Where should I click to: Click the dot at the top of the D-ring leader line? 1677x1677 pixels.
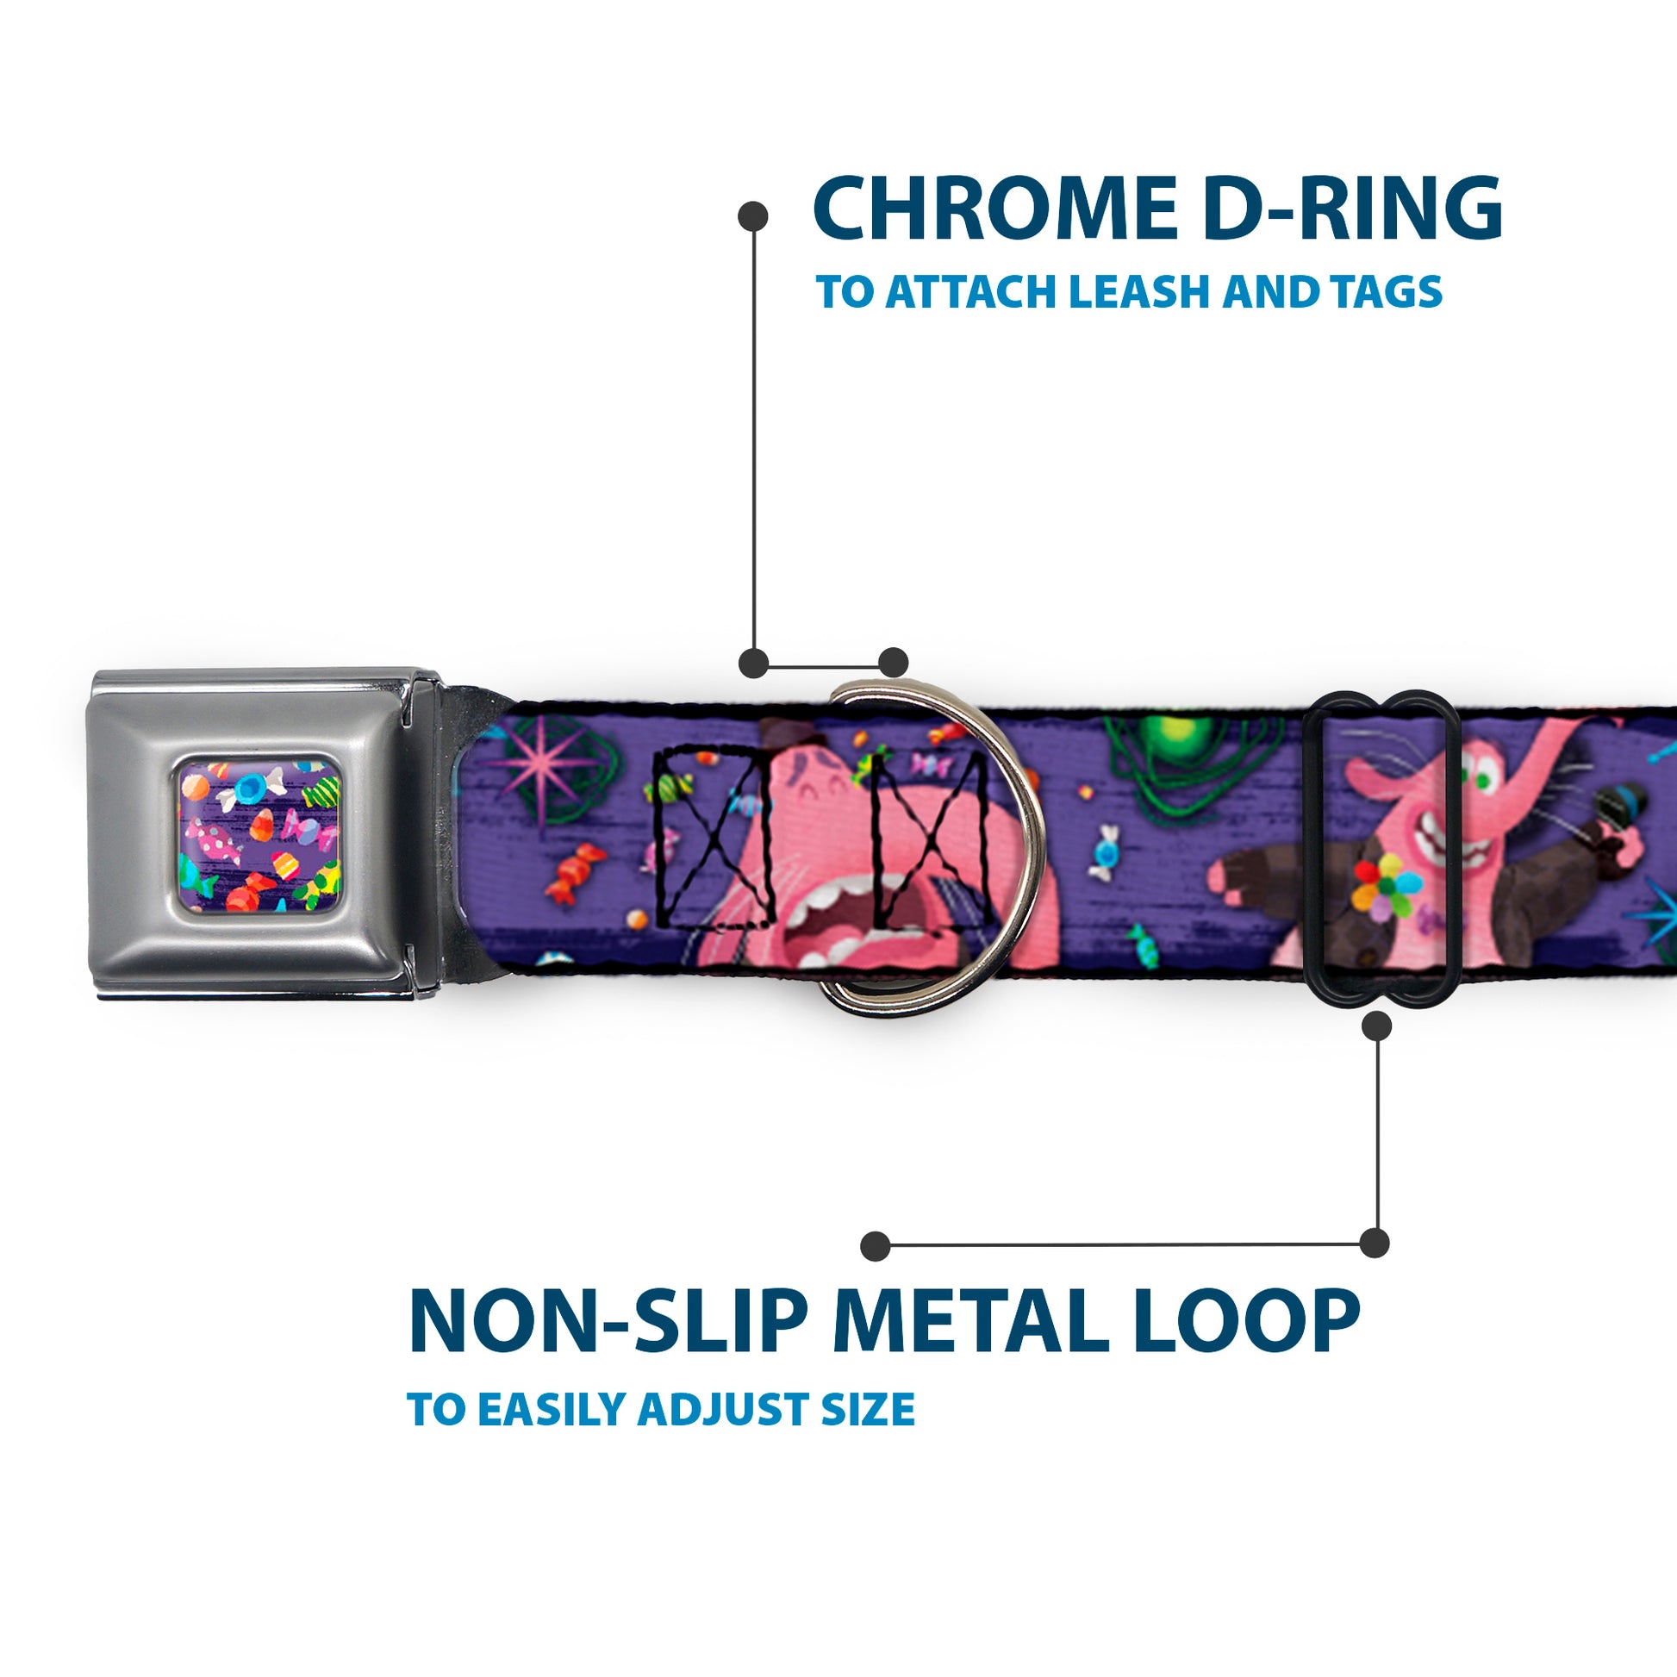coord(752,216)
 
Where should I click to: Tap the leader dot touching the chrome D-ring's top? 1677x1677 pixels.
coord(893,663)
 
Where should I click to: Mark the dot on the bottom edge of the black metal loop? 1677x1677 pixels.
coord(1376,1027)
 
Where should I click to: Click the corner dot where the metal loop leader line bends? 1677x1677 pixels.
coord(1374,1243)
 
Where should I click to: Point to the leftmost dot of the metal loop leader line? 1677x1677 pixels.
coord(876,1246)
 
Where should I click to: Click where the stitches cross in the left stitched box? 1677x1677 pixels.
coord(714,838)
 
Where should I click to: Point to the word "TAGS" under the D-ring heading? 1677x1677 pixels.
coord(1388,291)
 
